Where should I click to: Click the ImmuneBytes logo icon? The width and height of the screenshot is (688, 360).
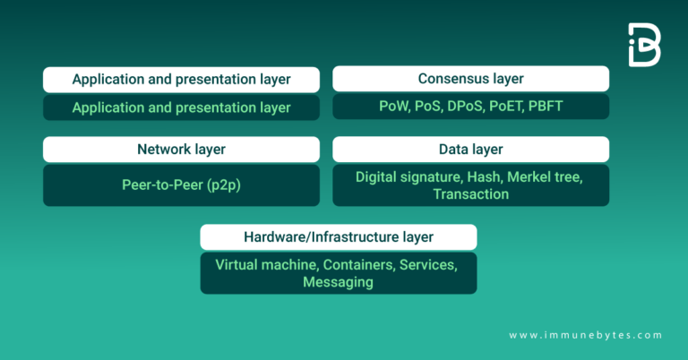[644, 45]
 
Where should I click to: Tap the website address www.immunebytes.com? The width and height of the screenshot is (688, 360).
[586, 335]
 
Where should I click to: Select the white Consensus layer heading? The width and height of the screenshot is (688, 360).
[470, 79]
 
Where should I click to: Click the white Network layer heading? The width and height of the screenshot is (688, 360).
[181, 149]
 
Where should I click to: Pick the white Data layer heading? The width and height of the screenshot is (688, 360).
[470, 149]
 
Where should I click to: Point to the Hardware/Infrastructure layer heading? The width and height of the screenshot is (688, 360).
[339, 236]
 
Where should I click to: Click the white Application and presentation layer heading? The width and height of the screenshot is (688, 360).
[181, 79]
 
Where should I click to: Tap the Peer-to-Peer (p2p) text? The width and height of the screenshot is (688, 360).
[181, 185]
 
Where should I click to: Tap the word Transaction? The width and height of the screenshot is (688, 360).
[470, 193]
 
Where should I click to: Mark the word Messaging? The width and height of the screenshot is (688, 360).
[338, 281]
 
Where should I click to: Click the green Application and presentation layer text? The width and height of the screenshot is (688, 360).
[181, 107]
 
